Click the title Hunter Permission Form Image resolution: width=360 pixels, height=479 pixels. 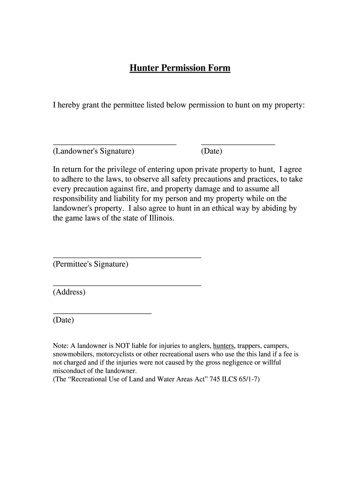point(180,68)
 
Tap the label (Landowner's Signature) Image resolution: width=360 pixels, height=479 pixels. point(94,152)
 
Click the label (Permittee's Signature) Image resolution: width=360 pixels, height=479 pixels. point(90,264)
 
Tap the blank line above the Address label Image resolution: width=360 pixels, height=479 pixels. point(127,285)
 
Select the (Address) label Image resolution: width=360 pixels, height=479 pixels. point(69,292)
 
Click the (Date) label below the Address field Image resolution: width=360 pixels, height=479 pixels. point(64,320)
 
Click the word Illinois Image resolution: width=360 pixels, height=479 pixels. point(161,218)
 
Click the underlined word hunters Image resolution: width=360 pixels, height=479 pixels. point(223,346)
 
